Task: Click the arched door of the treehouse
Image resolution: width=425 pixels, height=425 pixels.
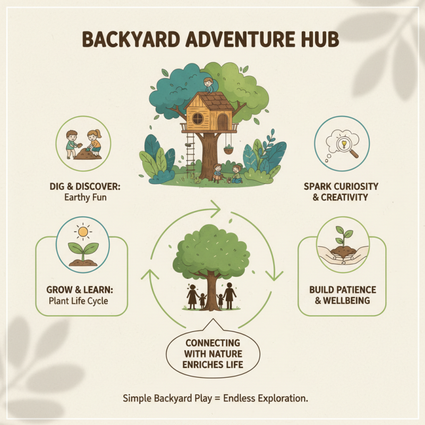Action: (222, 122)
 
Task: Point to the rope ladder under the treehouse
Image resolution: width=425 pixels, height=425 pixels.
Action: (191, 154)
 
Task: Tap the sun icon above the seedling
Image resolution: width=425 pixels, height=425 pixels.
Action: (83, 232)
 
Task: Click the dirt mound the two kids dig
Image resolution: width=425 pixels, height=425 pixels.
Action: (84, 155)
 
